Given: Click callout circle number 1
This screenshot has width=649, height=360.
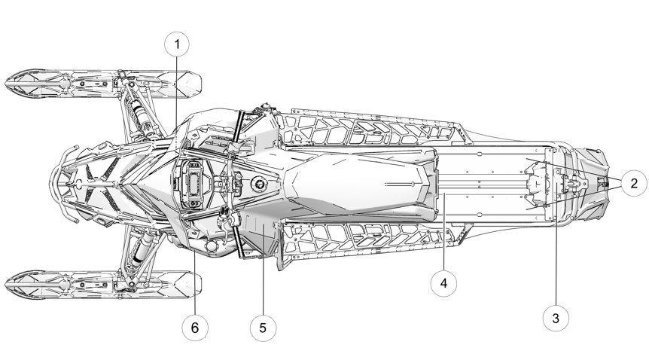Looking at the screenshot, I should (x=178, y=44).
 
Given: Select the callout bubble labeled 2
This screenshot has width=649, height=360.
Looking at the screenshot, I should (x=634, y=182).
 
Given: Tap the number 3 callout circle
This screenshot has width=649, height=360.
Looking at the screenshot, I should (x=556, y=318).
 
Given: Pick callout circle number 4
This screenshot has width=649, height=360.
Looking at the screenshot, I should (x=443, y=283).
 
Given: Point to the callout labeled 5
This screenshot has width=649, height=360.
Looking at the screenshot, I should (x=263, y=328).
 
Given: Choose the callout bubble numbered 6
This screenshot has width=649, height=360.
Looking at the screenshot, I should (x=195, y=328).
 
